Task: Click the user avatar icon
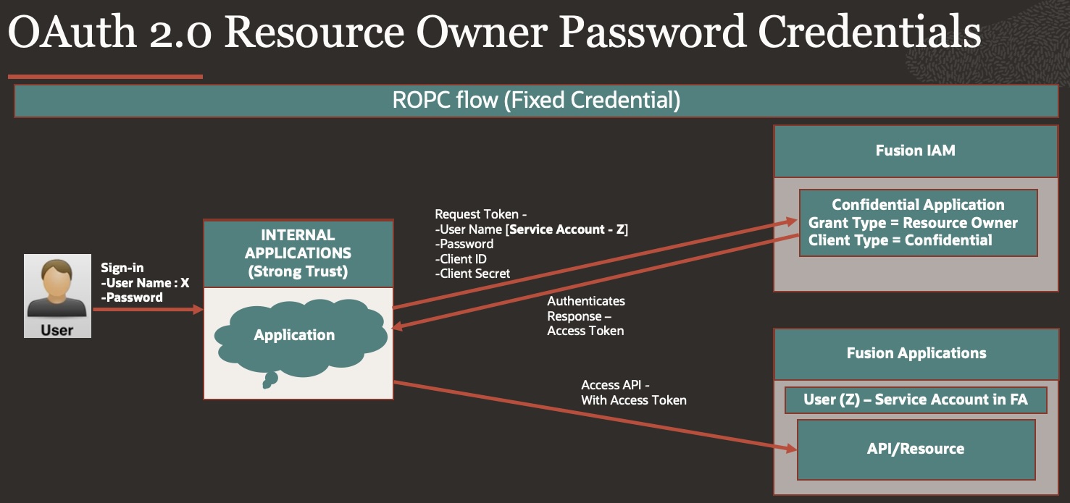point(57,289)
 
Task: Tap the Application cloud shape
point(294,335)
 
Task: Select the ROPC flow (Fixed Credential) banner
point(536,101)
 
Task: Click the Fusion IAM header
point(915,151)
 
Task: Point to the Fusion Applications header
point(916,353)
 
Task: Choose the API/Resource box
point(916,449)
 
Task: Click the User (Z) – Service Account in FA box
point(916,400)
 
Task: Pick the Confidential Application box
point(918,222)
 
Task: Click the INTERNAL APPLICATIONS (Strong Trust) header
point(298,253)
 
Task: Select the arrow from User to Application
point(148,310)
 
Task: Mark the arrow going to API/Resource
point(594,416)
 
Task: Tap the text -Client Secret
point(472,274)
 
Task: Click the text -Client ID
point(461,259)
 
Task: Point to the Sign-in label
point(122,268)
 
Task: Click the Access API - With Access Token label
point(633,392)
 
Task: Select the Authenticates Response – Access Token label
point(585,316)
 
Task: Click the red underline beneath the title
point(105,76)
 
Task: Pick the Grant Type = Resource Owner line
point(913,223)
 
